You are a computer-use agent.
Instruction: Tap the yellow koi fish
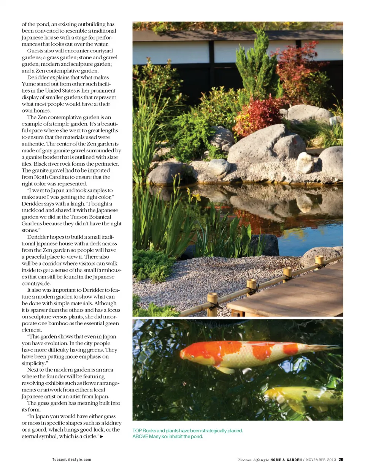pyautogui.click(x=300, y=399)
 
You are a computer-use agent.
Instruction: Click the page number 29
pyautogui.click(x=341, y=459)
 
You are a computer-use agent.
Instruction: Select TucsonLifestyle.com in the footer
pyautogui.click(x=71, y=460)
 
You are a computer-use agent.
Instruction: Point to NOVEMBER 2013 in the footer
pyautogui.click(x=321, y=460)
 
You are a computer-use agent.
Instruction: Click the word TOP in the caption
pyautogui.click(x=137, y=430)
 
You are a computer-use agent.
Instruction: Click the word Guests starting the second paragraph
pyautogui.click(x=35, y=51)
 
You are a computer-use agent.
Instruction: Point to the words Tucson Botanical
pyautogui.click(x=91, y=217)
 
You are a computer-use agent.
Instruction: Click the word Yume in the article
pyautogui.click(x=29, y=84)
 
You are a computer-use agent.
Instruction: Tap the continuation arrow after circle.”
pyautogui.click(x=102, y=437)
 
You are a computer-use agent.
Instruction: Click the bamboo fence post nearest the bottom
pyautogui.click(x=212, y=304)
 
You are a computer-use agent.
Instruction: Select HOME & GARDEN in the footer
pyautogui.click(x=286, y=460)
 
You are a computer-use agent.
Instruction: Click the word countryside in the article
pyautogui.click(x=36, y=283)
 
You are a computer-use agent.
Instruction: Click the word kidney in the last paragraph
pyautogui.click(x=113, y=423)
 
